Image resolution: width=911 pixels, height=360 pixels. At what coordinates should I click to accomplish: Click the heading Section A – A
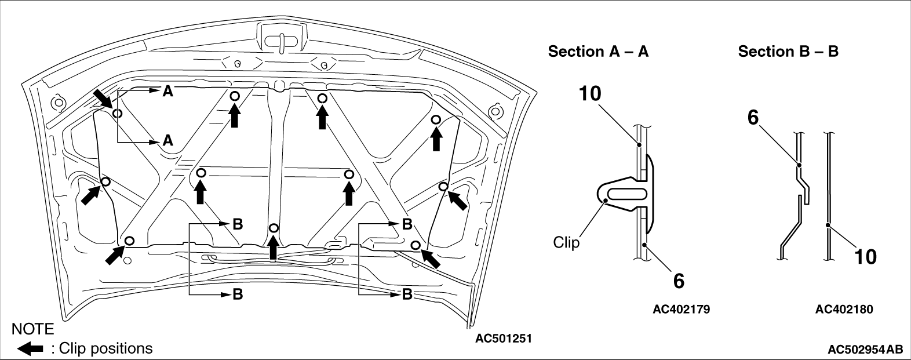[598, 52]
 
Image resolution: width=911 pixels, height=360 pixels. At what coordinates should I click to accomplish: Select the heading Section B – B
[788, 52]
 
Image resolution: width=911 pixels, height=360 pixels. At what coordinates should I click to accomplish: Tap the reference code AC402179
[681, 310]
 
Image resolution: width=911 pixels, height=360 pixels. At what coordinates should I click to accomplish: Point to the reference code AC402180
[844, 310]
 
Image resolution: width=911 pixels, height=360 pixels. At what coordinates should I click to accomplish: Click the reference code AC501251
[504, 339]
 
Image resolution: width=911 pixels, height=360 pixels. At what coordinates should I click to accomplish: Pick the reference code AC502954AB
[864, 350]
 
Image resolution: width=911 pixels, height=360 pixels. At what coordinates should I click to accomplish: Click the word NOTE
[32, 329]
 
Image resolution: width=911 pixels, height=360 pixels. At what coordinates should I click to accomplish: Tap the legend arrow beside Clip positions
[30, 348]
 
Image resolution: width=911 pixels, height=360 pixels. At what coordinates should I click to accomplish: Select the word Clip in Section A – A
[566, 242]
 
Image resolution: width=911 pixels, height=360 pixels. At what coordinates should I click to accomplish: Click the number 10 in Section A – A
[590, 94]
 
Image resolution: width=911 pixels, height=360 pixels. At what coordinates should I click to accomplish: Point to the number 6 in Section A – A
[679, 281]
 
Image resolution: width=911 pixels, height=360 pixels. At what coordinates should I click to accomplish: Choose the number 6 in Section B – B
[753, 118]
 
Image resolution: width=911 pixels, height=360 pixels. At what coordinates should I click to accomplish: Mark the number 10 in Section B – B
[865, 257]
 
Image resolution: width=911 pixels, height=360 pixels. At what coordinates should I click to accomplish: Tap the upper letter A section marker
[168, 91]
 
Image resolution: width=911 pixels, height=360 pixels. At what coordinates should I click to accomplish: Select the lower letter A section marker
[168, 141]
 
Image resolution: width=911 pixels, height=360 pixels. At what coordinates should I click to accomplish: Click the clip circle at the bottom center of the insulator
[274, 228]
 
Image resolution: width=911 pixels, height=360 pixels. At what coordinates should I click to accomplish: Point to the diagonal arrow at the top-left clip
[104, 100]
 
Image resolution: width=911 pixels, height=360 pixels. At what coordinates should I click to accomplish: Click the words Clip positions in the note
[105, 348]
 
